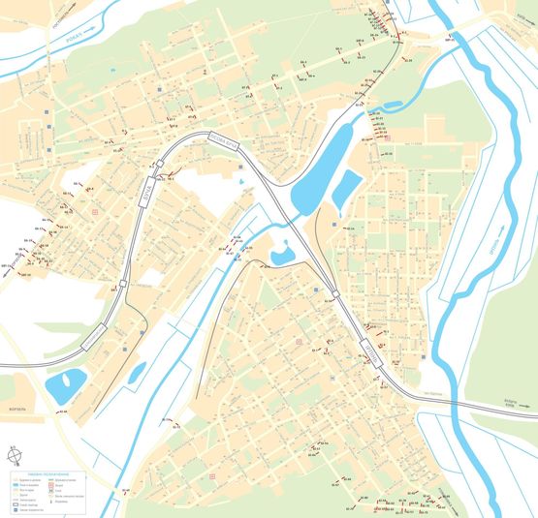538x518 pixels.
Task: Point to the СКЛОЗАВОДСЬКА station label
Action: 93,336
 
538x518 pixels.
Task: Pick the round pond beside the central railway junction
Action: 283,255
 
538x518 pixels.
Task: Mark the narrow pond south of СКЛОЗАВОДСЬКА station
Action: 137,372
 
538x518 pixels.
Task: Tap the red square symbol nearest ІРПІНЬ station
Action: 299,342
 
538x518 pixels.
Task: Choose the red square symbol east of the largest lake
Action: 387,137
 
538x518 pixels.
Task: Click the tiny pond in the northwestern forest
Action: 113,70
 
